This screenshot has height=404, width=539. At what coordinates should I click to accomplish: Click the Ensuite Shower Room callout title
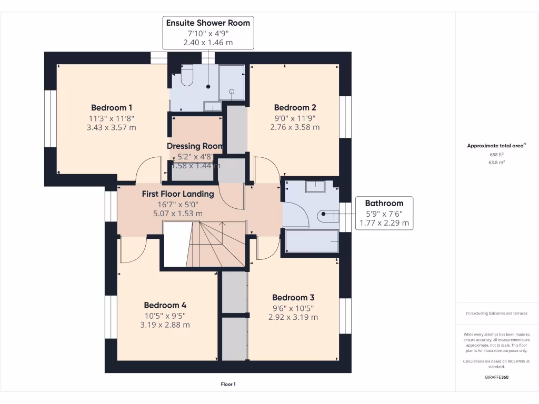pyautogui.click(x=208, y=23)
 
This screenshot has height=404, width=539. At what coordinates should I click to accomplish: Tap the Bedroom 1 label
pyautogui.click(x=111, y=107)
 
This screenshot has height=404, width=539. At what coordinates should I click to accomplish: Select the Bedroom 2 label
pyautogui.click(x=295, y=107)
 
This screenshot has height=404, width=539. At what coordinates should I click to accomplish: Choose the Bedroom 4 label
pyautogui.click(x=165, y=305)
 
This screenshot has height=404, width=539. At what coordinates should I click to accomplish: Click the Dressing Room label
pyautogui.click(x=195, y=146)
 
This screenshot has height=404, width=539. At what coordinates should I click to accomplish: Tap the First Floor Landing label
pyautogui.click(x=178, y=194)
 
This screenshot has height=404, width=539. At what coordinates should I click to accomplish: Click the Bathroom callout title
pyautogui.click(x=384, y=203)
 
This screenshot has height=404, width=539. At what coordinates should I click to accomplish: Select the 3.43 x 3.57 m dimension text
pyautogui.click(x=111, y=127)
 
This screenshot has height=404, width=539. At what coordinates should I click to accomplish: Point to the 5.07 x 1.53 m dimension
pyautogui.click(x=178, y=214)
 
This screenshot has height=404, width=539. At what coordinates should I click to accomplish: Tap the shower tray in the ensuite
pyautogui.click(x=232, y=82)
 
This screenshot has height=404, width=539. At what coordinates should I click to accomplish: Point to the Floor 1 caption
pyautogui.click(x=228, y=385)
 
